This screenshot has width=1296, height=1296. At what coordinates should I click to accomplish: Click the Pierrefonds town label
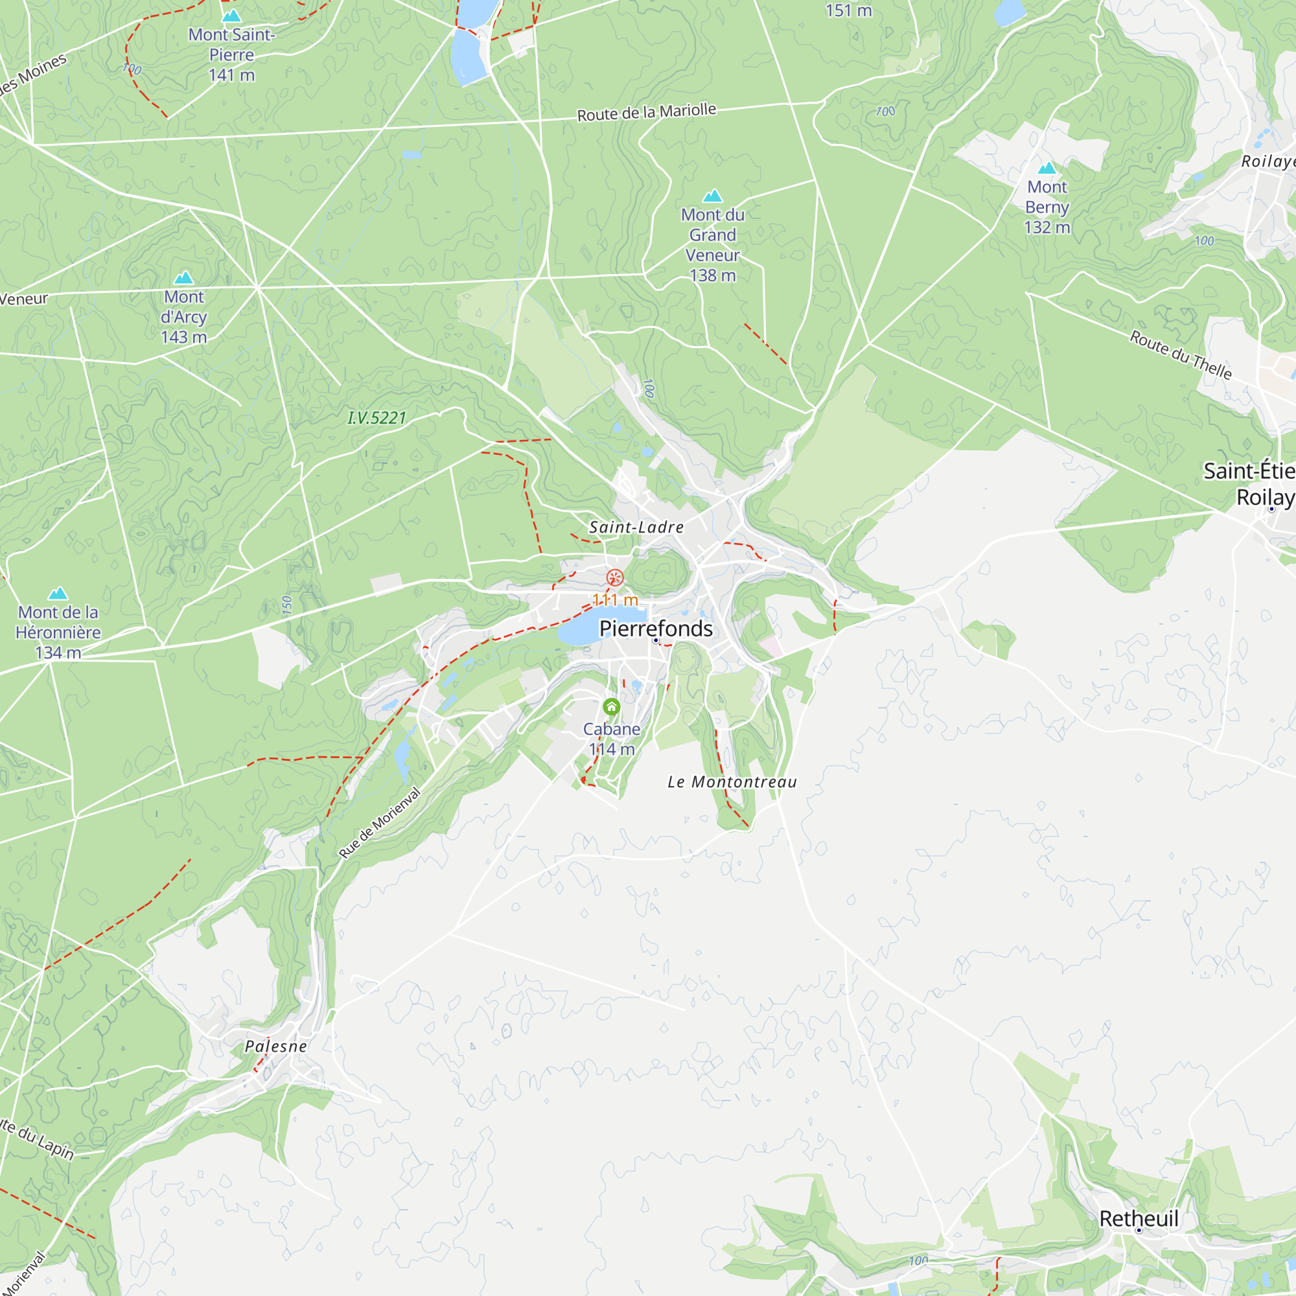pyautogui.click(x=655, y=629)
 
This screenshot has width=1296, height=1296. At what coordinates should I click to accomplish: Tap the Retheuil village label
pyautogui.click(x=1139, y=1219)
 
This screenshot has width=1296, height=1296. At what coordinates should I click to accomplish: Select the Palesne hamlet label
pyautogui.click(x=275, y=1047)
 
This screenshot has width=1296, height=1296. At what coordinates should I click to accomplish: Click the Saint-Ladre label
pyautogui.click(x=636, y=527)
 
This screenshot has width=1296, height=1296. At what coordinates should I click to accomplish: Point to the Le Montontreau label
pyautogui.click(x=732, y=782)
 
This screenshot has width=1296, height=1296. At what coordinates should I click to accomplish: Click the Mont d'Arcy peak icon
pyautogui.click(x=184, y=278)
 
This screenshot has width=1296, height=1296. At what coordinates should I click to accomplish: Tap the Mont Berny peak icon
pyautogui.click(x=1047, y=168)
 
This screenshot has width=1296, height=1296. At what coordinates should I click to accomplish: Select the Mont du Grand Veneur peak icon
pyautogui.click(x=712, y=196)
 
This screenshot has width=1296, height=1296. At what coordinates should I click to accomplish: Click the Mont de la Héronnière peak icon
pyautogui.click(x=58, y=593)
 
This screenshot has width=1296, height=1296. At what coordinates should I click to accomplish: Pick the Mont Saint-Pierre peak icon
pyautogui.click(x=231, y=16)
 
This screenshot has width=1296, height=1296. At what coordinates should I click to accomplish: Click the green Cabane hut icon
pyautogui.click(x=611, y=706)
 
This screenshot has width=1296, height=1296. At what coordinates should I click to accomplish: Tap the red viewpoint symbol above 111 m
pyautogui.click(x=614, y=577)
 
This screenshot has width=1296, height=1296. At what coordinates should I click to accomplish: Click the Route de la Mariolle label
pyautogui.click(x=647, y=112)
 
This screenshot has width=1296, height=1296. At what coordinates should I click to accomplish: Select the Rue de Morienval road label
pyautogui.click(x=380, y=822)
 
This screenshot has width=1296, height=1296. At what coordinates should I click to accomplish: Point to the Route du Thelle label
pyautogui.click(x=1181, y=355)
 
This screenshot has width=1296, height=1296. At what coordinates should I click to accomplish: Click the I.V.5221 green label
pyautogui.click(x=377, y=418)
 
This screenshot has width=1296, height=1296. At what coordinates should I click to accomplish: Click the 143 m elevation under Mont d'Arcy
pyautogui.click(x=184, y=337)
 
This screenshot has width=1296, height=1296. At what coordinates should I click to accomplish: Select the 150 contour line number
pyautogui.click(x=287, y=606)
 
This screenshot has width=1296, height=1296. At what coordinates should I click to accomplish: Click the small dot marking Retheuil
pyautogui.click(x=1139, y=1231)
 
